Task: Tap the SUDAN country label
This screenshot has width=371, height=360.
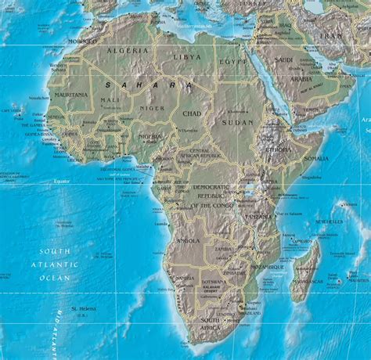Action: [237, 123]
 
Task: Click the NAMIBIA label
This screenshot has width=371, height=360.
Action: [185, 279]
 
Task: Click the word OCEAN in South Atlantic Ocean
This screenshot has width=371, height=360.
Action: [59, 277]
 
